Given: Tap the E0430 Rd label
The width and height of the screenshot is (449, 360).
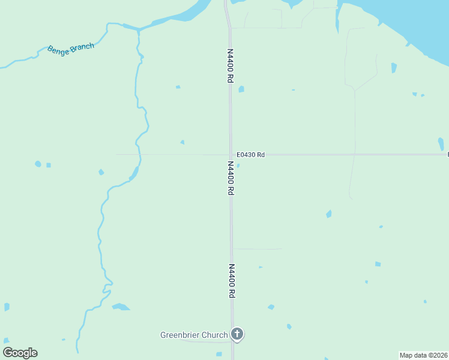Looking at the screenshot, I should [250, 155].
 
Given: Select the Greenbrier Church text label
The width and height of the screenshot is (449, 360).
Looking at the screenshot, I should [194, 335].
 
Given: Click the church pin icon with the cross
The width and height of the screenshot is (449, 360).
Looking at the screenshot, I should [237, 334].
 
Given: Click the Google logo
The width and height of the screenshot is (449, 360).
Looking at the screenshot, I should [20, 353].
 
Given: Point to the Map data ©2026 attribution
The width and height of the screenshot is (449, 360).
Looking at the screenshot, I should [424, 355].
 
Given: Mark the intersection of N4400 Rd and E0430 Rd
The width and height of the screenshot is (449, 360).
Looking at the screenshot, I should [230, 155].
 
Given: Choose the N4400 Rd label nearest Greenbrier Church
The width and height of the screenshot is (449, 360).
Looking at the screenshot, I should [231, 281].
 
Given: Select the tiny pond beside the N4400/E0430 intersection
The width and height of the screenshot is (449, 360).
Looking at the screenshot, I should [238, 166].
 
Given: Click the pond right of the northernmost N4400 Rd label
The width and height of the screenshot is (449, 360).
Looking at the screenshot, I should [241, 89].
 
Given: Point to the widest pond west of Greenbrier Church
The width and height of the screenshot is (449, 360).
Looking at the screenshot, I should [121, 307].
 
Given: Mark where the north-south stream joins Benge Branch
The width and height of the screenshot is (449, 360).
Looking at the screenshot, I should [139, 29].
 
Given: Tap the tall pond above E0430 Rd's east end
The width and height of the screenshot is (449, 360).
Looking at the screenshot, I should [441, 144].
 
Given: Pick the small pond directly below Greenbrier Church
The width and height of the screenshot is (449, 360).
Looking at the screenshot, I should [219, 354].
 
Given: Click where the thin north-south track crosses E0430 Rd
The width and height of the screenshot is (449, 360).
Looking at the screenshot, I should [354, 155].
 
